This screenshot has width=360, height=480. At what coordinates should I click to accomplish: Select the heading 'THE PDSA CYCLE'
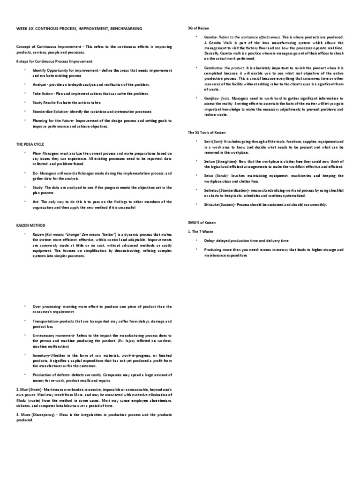[x=30, y=144]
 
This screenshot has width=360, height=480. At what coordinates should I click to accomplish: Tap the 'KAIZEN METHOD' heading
[x=31, y=225]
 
